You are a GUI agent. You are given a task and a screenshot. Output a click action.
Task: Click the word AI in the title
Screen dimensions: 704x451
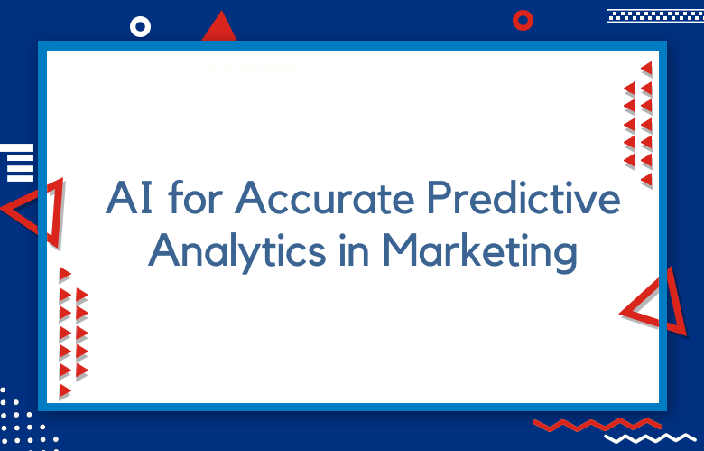tap(129, 197)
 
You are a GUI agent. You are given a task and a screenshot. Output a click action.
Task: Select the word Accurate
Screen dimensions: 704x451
tap(324, 197)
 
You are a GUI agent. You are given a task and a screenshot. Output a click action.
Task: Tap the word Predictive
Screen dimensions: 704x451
tap(523, 197)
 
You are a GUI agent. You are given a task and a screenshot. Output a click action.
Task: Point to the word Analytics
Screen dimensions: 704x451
tap(237, 252)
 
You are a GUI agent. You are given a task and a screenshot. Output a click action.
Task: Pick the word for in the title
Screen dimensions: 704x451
tap(196, 197)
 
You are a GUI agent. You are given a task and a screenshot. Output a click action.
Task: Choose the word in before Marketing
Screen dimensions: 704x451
tap(354, 250)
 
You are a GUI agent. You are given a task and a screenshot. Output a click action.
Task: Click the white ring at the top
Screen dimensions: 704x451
tap(140, 27)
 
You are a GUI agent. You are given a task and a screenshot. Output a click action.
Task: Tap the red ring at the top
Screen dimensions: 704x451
tap(523, 20)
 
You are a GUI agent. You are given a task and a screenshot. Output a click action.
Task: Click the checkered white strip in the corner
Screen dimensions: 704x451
tap(655, 15)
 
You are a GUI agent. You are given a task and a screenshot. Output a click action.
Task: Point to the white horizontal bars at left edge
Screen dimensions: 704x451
tap(16, 163)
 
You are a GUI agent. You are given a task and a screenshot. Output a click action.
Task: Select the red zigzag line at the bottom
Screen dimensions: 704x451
tap(597, 425)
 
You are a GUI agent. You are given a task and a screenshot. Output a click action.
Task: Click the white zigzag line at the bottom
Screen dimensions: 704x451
tap(650, 438)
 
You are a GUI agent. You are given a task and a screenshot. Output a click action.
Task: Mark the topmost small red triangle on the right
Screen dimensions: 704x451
tap(647, 69)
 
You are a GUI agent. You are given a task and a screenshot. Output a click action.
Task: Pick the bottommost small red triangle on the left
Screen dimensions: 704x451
tap(65, 390)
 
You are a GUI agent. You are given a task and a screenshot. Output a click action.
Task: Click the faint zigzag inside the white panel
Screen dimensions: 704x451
tap(253, 69)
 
